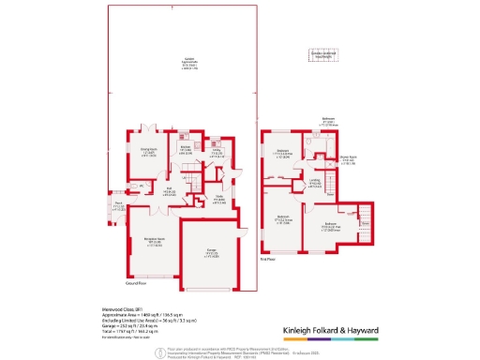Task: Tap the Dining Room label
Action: click(147, 150)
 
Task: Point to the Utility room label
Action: click(216, 152)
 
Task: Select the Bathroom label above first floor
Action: click(329, 121)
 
